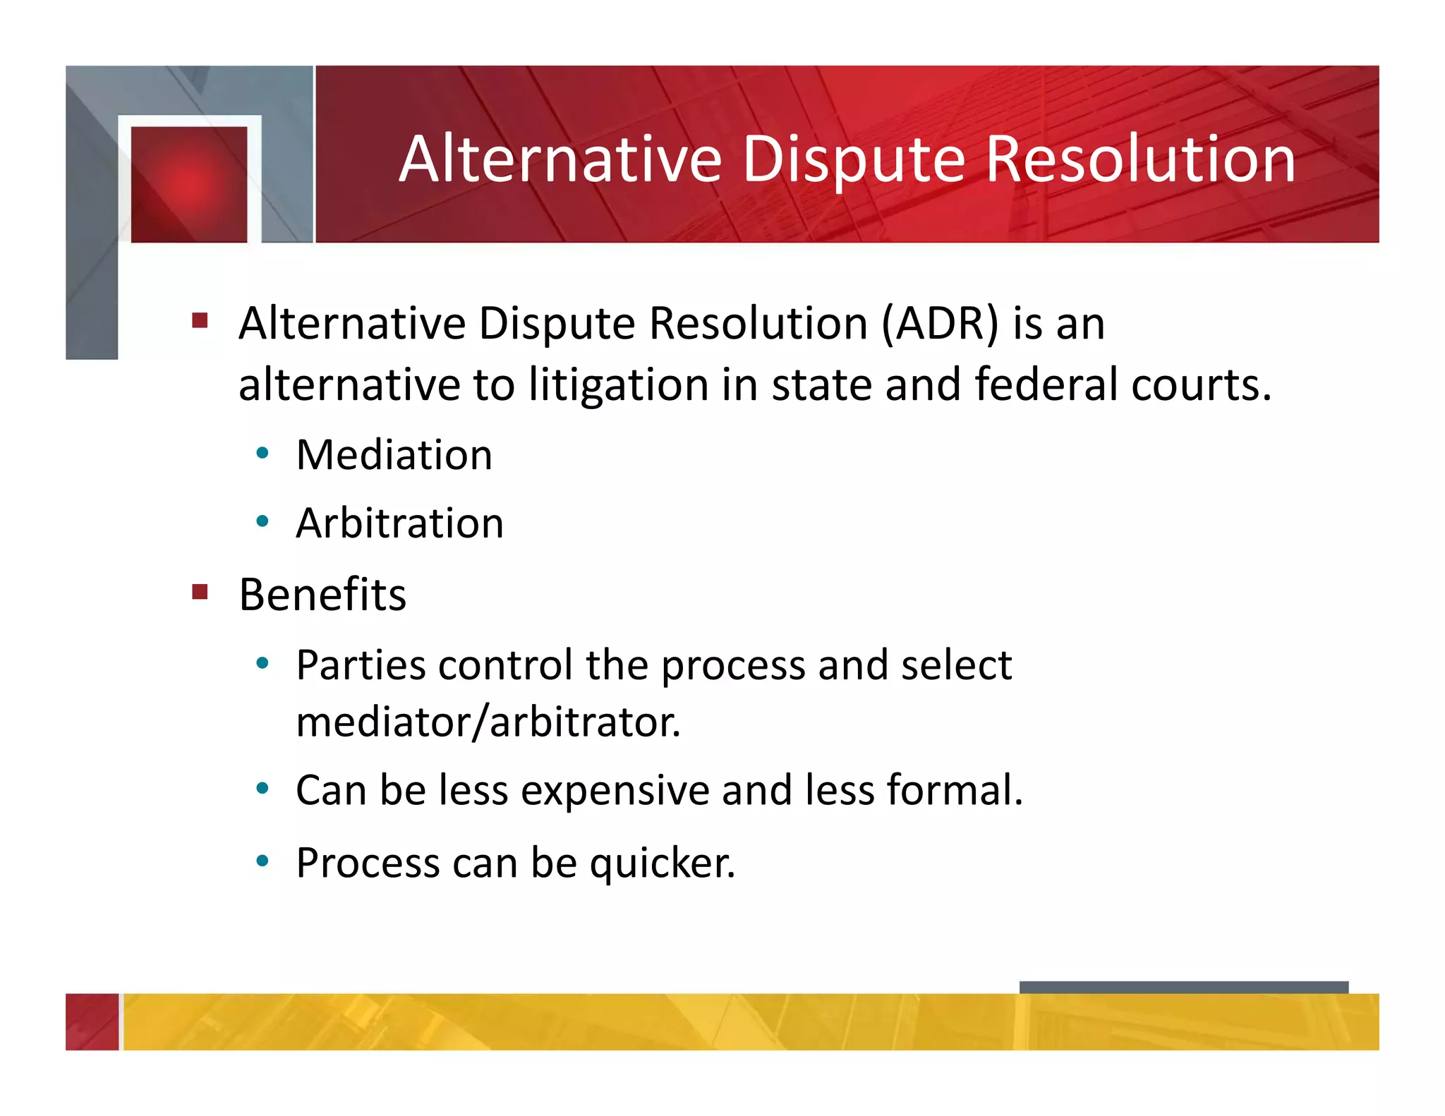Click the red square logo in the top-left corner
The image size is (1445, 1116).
(x=189, y=184)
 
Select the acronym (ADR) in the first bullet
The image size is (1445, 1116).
(x=941, y=324)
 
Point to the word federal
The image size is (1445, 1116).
(x=1046, y=385)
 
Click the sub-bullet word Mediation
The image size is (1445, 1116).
(x=394, y=455)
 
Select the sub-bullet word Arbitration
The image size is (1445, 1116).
(x=400, y=523)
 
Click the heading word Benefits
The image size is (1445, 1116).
(x=322, y=595)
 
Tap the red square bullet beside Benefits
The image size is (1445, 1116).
(x=200, y=591)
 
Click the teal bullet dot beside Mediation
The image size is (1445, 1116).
(x=262, y=454)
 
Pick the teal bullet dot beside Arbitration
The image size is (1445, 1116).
(x=262, y=522)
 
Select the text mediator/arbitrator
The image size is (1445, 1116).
(x=488, y=722)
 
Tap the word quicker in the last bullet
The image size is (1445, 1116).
(x=663, y=863)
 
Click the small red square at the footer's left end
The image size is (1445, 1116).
(x=92, y=1021)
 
